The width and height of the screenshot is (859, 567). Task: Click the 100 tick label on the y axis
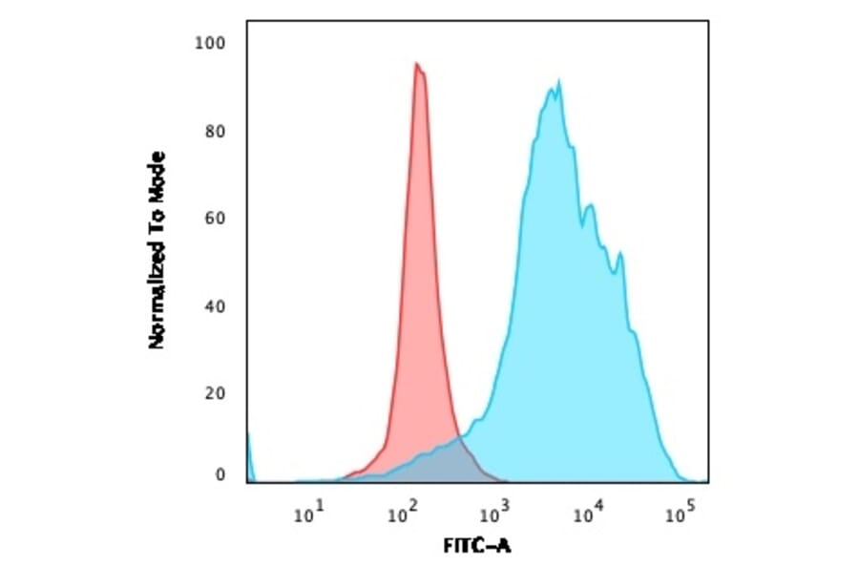(x=210, y=43)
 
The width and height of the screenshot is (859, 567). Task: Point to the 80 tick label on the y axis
(x=215, y=131)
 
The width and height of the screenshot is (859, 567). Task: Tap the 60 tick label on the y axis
(x=215, y=219)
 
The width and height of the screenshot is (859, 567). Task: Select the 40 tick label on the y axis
(x=215, y=306)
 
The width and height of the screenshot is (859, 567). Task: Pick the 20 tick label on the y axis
(x=215, y=394)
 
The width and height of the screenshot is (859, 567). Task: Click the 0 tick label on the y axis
(x=220, y=474)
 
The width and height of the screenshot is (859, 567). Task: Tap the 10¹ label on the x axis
(x=307, y=516)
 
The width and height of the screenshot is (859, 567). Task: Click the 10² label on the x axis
(x=401, y=516)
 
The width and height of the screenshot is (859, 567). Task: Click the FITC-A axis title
(x=476, y=547)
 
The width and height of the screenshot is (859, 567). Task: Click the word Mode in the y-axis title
(x=157, y=175)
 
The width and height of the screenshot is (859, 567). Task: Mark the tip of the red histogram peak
(x=417, y=64)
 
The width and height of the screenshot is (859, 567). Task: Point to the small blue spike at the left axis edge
(x=249, y=449)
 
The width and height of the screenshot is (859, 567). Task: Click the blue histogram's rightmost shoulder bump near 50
(x=621, y=254)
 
